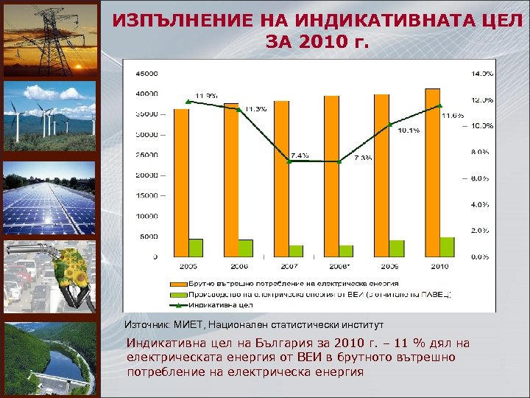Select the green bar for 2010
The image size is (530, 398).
[x=447, y=247]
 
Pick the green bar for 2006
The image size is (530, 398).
[x=245, y=248]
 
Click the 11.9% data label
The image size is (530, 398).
[x=205, y=95]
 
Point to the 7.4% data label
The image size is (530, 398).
[x=300, y=156]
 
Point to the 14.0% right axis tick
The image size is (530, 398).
[x=481, y=74]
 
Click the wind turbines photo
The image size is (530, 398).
[x=49, y=116]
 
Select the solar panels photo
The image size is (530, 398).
[x=49, y=197]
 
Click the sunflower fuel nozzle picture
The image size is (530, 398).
[x=49, y=276]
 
